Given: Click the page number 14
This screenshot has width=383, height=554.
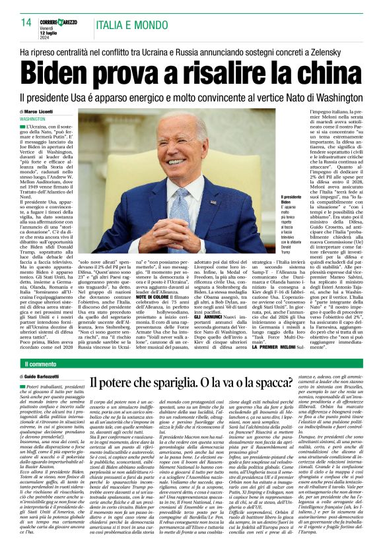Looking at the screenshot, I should tap(26, 22).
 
